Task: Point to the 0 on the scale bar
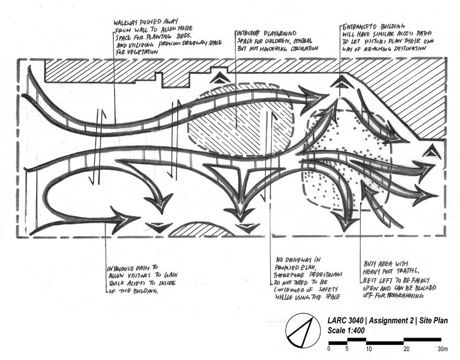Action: click(x=329, y=349)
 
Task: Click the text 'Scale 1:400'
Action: click(x=346, y=330)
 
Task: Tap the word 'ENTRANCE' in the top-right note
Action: click(x=358, y=26)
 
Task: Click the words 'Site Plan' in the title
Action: click(x=430, y=321)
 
